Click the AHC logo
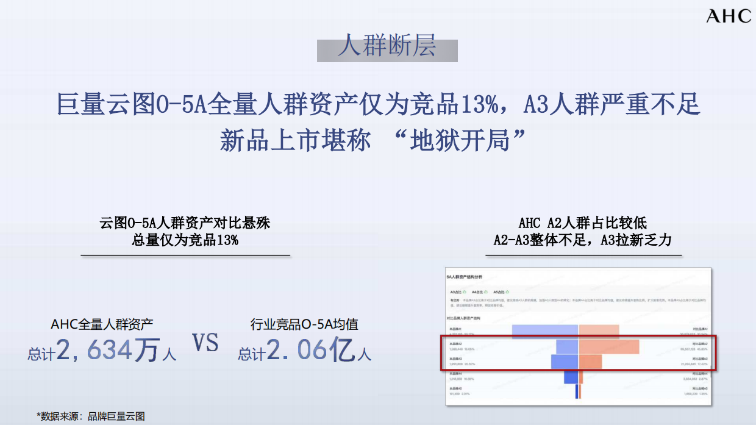[729, 16]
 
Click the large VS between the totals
[205, 343]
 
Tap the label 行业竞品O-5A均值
[304, 324]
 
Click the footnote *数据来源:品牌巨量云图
[91, 416]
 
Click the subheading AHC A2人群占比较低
[582, 223]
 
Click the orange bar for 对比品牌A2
[609, 346]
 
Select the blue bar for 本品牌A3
[564, 362]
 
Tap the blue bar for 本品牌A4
[571, 377]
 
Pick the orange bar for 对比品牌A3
[591, 362]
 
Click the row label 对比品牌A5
[695, 388]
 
